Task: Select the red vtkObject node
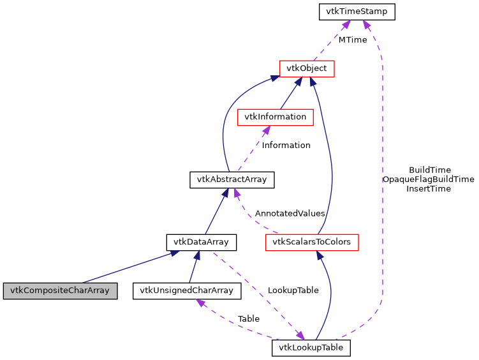pos(307,68)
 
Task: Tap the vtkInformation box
pos(274,117)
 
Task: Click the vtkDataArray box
pos(201,242)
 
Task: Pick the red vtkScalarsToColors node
pos(312,242)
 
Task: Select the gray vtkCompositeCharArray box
pos(60,291)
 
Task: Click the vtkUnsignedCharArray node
pos(187,291)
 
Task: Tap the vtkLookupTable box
pos(311,348)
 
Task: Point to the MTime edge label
pos(353,40)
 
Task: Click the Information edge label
pos(286,145)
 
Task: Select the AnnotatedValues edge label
pos(290,213)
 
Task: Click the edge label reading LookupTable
pos(293,290)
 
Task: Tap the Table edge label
pos(248,318)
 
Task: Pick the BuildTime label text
pos(429,170)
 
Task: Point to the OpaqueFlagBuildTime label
pos(428,179)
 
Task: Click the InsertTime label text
pos(429,188)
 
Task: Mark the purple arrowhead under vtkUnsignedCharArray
pos(202,303)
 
